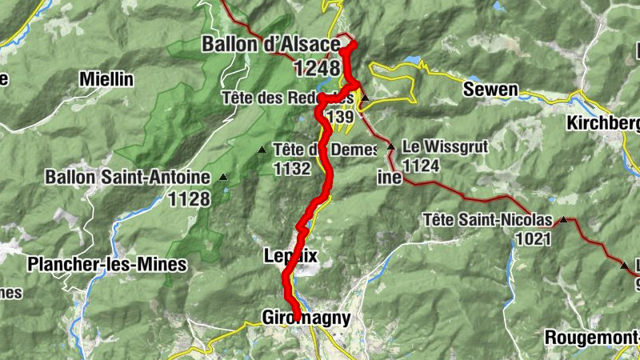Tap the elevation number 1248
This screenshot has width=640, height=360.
[317, 69]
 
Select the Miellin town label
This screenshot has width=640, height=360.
[106, 79]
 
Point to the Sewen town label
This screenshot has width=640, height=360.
[490, 90]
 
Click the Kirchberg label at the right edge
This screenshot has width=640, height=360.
[603, 123]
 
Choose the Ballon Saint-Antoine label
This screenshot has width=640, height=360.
[127, 176]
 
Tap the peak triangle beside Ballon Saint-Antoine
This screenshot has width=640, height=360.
[223, 177]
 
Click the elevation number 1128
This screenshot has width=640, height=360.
[190, 198]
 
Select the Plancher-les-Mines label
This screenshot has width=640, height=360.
[106, 264]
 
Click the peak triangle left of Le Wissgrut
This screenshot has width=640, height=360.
[390, 148]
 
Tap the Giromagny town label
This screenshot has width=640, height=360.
[306, 318]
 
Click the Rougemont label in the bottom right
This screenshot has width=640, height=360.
[592, 338]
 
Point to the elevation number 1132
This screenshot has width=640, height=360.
[291, 169]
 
